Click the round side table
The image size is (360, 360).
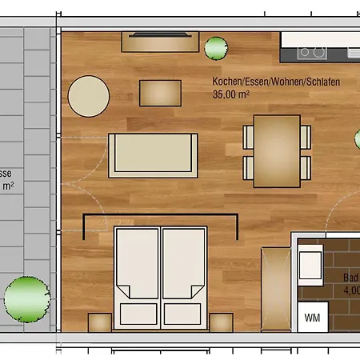point(88,97)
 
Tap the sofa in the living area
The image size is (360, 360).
point(153,154)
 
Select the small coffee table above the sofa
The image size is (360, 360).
point(161,93)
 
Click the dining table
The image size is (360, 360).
point(276,150)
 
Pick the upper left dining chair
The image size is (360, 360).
point(248,136)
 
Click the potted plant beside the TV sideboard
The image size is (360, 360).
point(216,50)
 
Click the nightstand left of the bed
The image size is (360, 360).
point(99,322)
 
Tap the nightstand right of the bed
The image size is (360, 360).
point(221,322)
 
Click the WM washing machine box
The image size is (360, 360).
point(311,318)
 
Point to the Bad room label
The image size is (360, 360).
point(350,278)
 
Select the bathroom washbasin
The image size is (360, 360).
point(309,262)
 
